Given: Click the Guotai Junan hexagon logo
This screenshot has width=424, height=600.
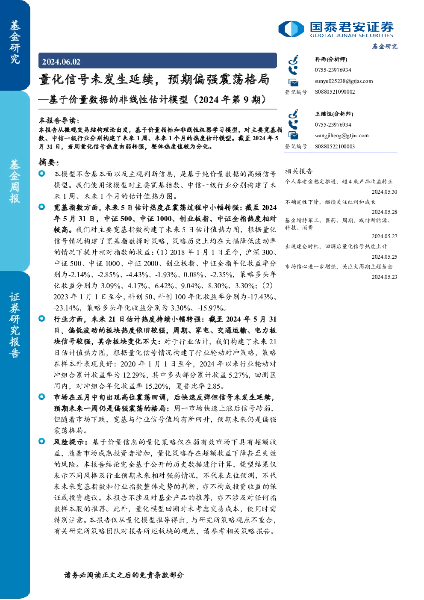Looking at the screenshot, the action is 291,29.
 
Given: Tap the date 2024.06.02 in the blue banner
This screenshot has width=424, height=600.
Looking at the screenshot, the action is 61,62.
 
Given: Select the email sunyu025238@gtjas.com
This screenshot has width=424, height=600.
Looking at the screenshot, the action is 344,81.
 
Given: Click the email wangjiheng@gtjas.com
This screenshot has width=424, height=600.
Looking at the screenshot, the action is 342,136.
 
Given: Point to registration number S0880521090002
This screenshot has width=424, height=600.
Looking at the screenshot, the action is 335,92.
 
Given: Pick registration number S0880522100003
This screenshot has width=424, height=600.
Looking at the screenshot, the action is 335,147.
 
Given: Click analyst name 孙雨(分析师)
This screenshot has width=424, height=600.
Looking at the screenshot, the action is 331,59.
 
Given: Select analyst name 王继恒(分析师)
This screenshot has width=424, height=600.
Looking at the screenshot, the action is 334,114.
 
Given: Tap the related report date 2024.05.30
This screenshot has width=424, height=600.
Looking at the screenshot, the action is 384,192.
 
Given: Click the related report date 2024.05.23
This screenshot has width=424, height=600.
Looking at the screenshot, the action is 384,277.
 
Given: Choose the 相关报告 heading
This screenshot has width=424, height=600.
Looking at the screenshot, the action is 299,171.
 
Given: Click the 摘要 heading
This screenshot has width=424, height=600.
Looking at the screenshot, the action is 49,162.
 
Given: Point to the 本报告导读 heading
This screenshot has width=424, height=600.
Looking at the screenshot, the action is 59,120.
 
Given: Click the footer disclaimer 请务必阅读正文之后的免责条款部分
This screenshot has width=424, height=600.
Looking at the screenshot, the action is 124,575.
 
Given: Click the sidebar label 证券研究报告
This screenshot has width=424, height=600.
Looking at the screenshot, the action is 15,325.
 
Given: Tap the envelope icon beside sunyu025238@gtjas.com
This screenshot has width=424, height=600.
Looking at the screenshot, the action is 293,82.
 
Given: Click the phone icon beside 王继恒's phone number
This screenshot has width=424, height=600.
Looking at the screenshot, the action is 293,124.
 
